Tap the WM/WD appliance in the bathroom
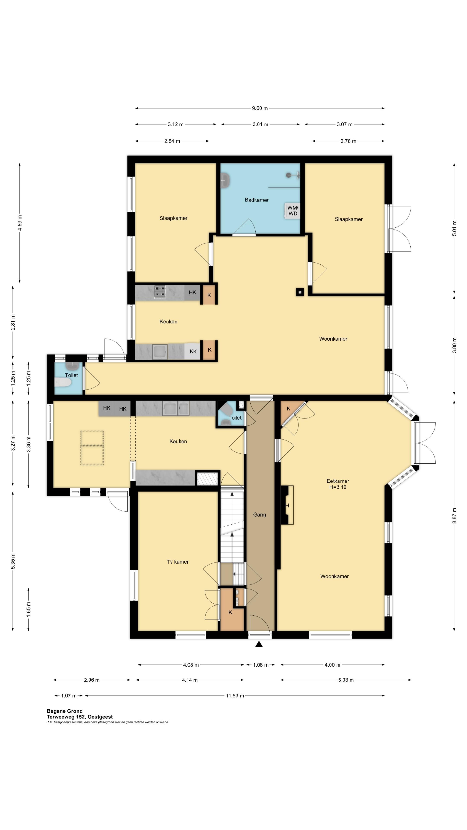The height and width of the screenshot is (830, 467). [292, 211]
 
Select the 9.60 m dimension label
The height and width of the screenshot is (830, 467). [260, 108]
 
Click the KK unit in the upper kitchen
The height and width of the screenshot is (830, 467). [193, 351]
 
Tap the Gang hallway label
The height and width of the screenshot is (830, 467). [259, 515]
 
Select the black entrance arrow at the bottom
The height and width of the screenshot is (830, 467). [259, 644]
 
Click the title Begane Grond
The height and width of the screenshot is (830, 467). [64, 711]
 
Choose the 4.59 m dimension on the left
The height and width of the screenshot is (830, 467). [20, 223]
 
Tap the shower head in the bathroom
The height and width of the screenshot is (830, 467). [289, 175]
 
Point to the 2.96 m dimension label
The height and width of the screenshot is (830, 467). [91, 680]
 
